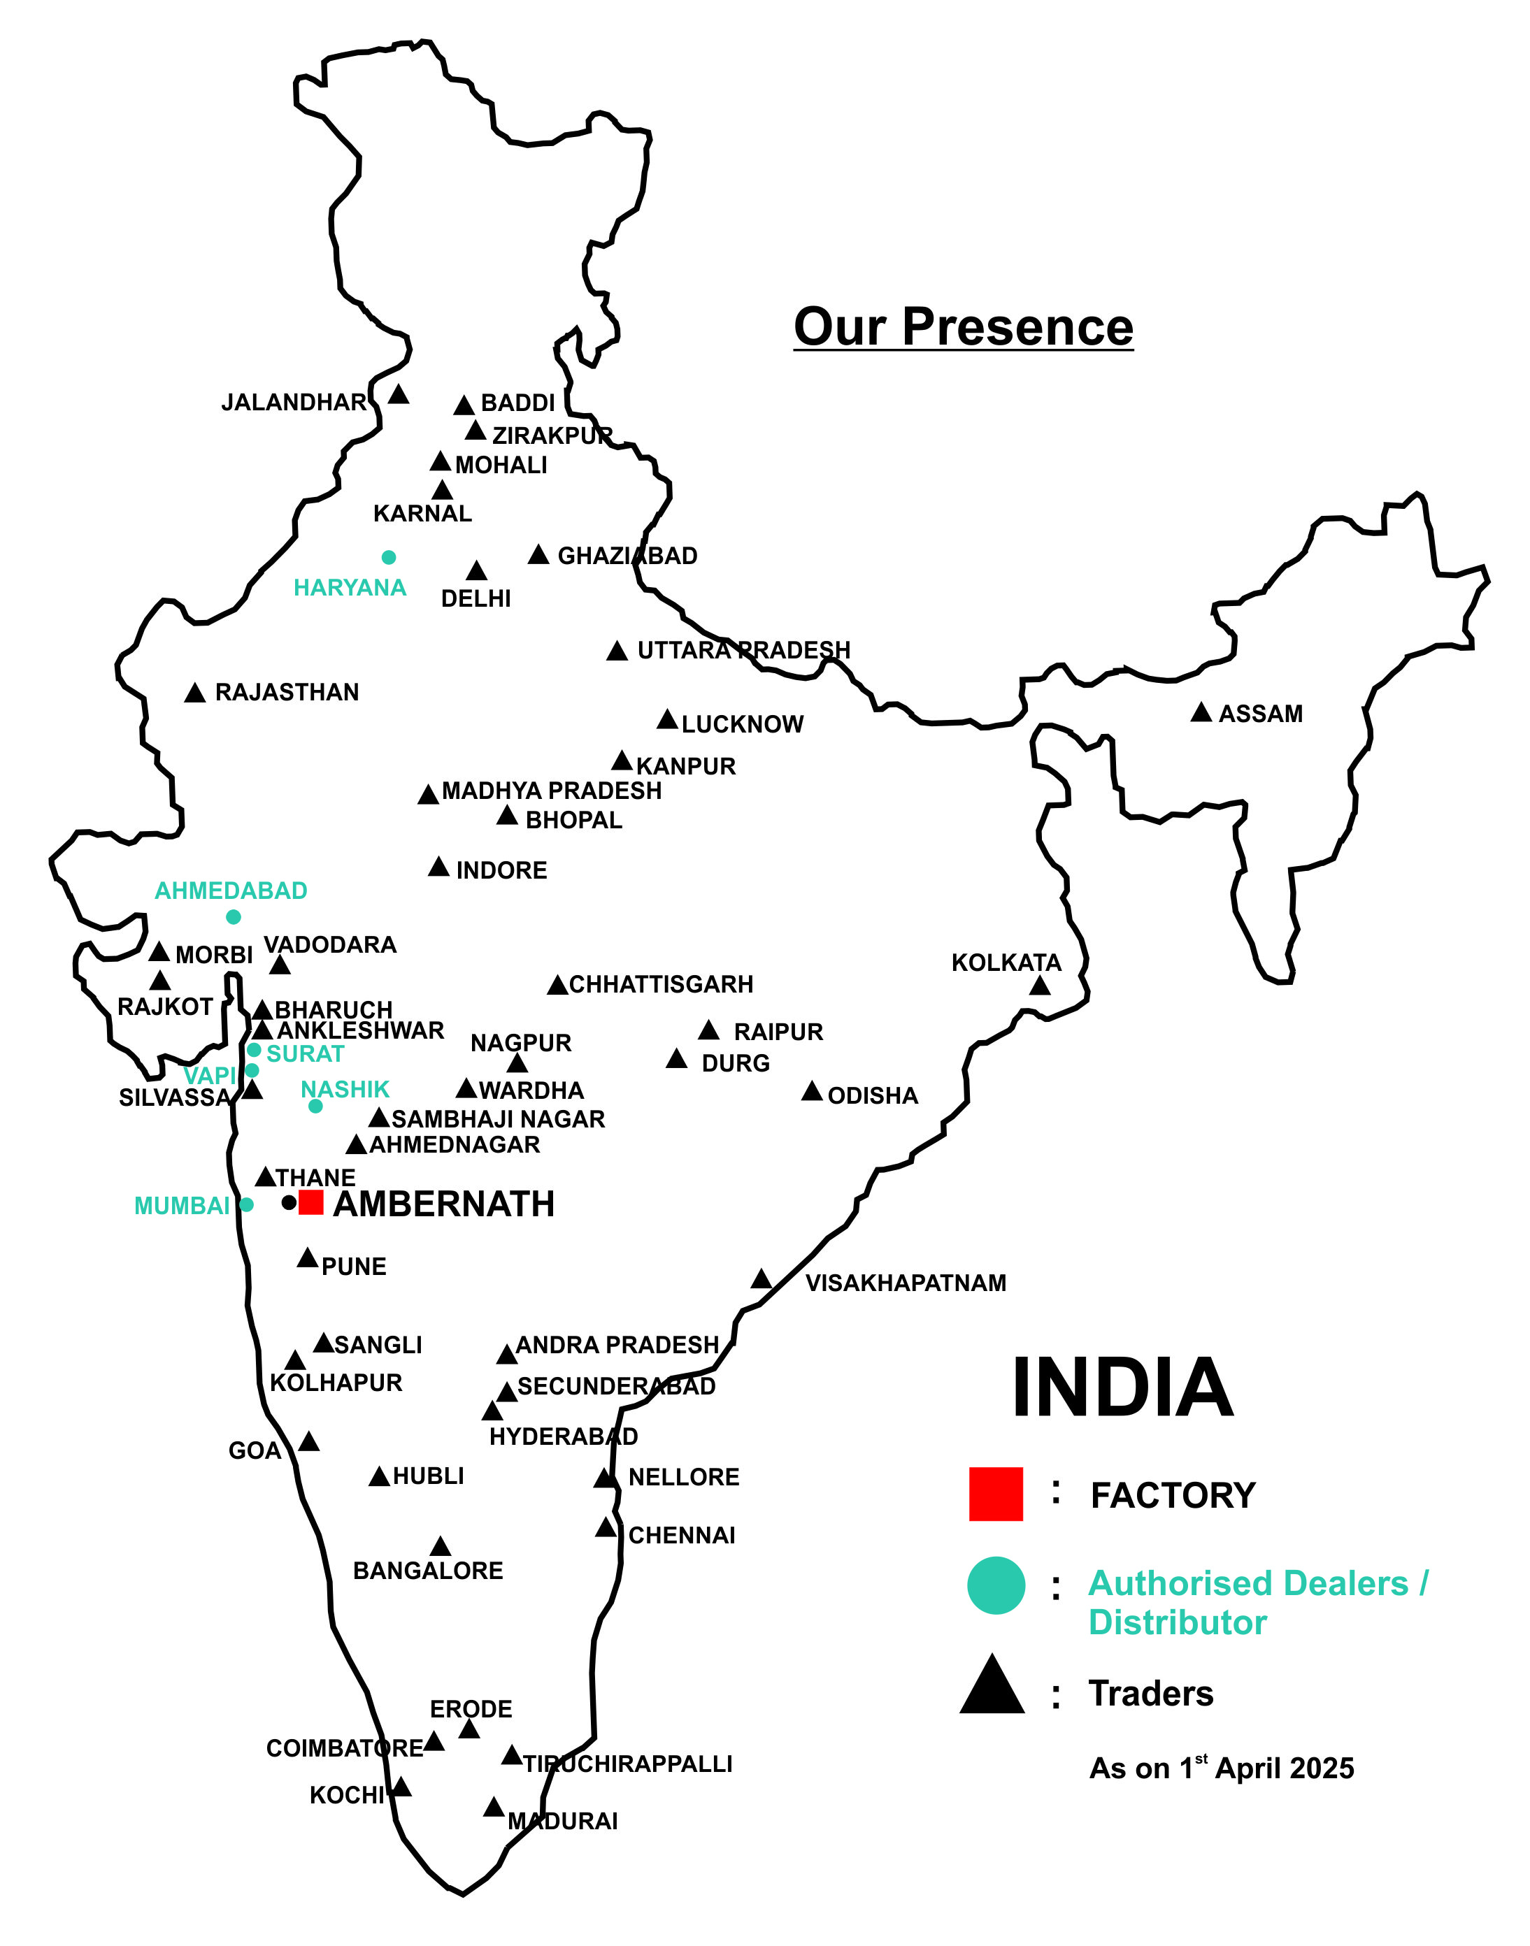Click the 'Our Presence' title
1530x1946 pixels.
(963, 327)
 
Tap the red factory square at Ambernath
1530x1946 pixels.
(311, 1202)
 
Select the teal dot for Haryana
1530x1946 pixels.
(389, 557)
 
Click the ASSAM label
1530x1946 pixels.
(1260, 714)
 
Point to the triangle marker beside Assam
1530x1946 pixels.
(1201, 713)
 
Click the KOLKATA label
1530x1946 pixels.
(1006, 963)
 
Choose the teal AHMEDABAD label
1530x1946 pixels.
(231, 891)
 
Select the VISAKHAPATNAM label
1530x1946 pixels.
(906, 1283)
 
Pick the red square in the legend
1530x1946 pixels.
(995, 1494)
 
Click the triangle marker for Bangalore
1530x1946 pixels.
(440, 1547)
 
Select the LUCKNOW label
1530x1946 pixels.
(743, 724)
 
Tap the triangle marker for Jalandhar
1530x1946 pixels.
(399, 394)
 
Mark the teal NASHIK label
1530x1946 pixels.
(345, 1090)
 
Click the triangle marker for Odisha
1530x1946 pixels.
(812, 1092)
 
